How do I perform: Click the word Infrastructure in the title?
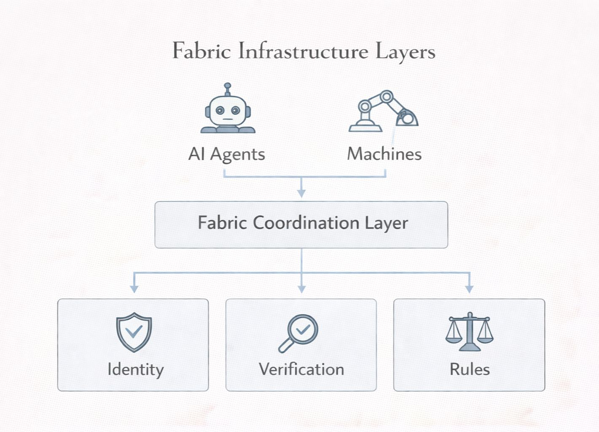[x=303, y=51]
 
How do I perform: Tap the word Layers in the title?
[x=405, y=52]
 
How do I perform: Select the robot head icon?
[x=228, y=111]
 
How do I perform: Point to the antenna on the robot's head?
[x=228, y=88]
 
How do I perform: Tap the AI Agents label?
[x=227, y=154]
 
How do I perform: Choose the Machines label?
[x=384, y=154]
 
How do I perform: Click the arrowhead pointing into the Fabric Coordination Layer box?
[x=301, y=193]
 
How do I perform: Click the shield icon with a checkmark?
[x=134, y=332]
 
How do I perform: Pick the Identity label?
[x=135, y=370]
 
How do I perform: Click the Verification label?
[x=301, y=370]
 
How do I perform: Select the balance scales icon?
[x=469, y=332]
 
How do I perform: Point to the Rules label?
[x=470, y=370]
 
